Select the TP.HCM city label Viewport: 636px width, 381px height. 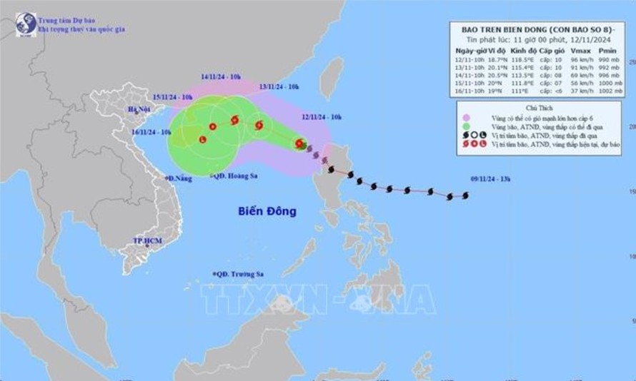[x=147, y=240]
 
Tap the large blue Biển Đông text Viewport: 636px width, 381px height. [x=267, y=211]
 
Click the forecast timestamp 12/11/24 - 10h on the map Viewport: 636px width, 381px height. [x=322, y=117]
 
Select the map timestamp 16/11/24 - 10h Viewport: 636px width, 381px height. [x=151, y=132]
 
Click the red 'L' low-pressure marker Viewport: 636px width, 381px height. [x=202, y=139]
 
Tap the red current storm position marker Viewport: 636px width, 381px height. [x=299, y=144]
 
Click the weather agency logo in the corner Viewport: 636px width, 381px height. [x=26, y=24]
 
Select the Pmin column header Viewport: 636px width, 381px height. [x=608, y=51]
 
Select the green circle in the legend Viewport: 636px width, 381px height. [x=466, y=126]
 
